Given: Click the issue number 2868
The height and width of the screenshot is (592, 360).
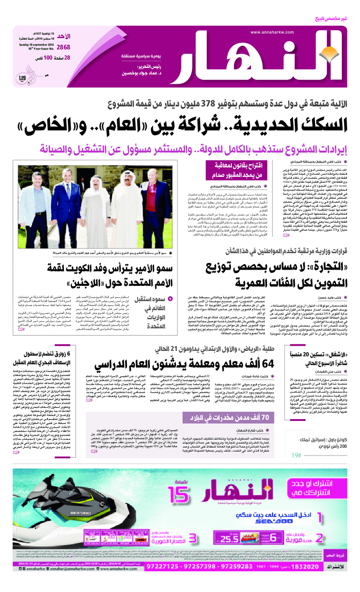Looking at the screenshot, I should [63, 47].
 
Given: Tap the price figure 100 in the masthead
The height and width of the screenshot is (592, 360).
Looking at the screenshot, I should [49, 58].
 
